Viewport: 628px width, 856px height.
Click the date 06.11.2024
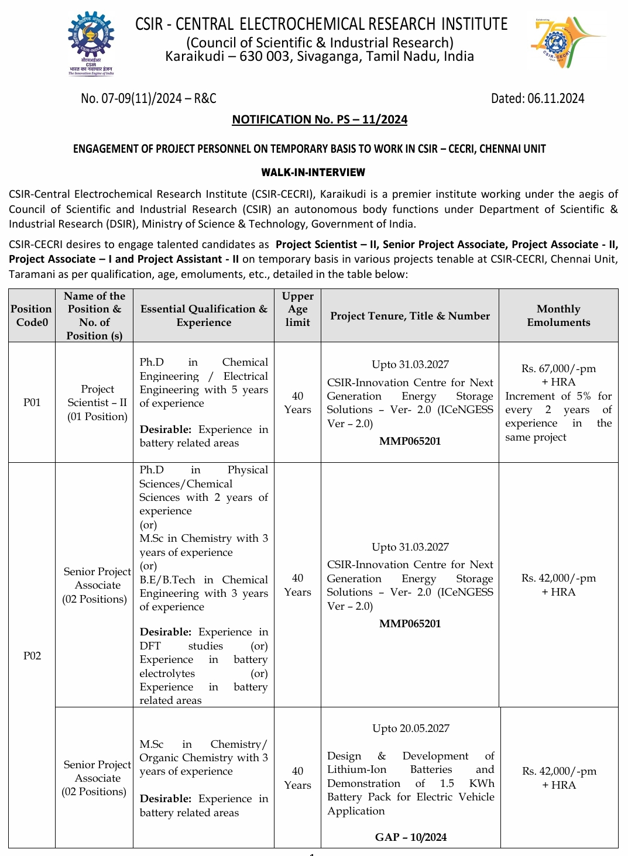[x=555, y=98]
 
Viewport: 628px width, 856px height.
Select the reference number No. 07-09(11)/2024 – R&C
[x=149, y=98]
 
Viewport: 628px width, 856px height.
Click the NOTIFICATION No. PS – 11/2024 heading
[x=320, y=120]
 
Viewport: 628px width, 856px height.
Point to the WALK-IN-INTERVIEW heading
[x=313, y=173]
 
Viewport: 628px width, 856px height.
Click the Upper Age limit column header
[x=297, y=309]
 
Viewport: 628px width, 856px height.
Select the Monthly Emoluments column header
[x=558, y=315]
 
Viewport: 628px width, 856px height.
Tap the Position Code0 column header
[x=32, y=315]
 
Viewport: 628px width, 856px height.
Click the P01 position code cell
[x=32, y=403]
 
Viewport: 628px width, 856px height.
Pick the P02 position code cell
[x=32, y=656]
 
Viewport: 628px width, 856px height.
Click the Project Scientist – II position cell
[x=97, y=403]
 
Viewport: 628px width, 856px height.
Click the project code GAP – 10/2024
[x=410, y=837]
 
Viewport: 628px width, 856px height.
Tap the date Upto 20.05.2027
[x=411, y=728]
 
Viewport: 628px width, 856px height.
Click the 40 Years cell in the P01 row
[x=297, y=403]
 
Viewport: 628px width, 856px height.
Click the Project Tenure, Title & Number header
[x=410, y=316]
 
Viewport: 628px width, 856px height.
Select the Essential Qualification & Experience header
[x=204, y=315]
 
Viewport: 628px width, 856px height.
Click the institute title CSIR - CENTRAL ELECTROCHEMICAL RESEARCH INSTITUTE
[x=321, y=24]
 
